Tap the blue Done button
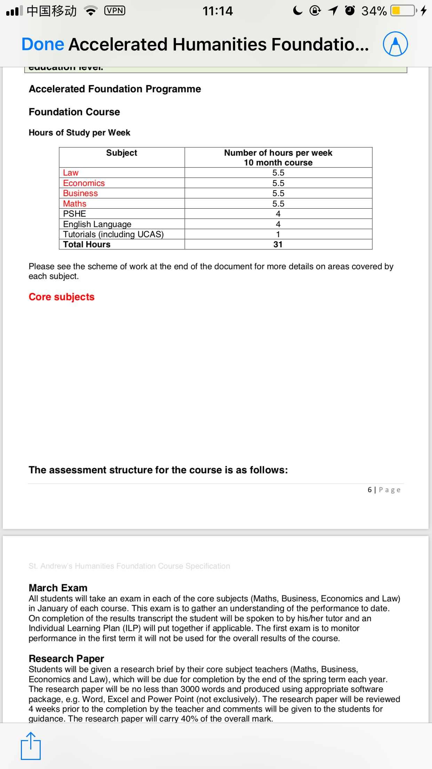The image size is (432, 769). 43,44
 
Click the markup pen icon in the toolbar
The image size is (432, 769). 395,44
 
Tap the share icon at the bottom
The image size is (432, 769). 31,746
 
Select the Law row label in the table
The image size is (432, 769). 71,173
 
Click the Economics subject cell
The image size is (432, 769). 84,183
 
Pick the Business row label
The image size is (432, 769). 80,193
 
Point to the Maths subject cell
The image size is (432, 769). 74,204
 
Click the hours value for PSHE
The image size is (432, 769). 278,214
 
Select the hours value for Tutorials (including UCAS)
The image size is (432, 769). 278,234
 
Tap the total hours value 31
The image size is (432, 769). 278,244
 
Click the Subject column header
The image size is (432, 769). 121,153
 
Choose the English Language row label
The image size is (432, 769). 97,224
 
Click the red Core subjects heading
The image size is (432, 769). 62,297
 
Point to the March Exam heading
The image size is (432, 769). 58,588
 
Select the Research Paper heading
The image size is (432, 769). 66,659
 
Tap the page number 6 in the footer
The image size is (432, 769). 370,490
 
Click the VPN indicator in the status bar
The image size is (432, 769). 114,11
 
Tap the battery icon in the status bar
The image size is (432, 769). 403,11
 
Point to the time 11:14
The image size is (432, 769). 218,11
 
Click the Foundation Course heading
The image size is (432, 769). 74,112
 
